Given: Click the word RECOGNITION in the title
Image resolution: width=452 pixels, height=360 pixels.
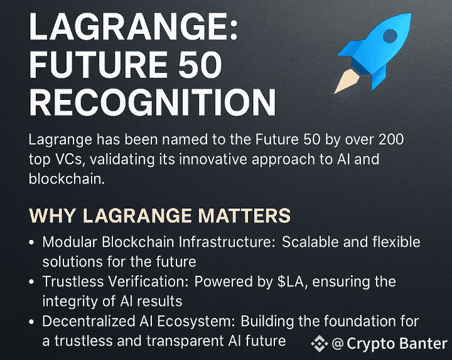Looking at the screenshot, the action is tap(153, 102).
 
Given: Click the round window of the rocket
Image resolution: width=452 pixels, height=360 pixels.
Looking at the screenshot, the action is tap(390, 36).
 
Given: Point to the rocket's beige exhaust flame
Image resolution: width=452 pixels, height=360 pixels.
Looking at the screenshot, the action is tap(346, 82).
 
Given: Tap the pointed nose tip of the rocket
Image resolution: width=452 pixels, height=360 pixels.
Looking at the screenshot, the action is tap(410, 14).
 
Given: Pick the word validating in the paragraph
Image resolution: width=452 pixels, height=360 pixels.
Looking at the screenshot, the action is tap(122, 160).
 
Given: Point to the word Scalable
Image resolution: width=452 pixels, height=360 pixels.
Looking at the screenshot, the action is tap(310, 242).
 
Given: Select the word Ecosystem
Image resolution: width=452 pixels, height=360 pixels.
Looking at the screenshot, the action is tap(196, 321).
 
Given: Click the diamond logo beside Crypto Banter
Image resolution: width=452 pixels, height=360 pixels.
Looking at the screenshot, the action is tap(320, 344).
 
